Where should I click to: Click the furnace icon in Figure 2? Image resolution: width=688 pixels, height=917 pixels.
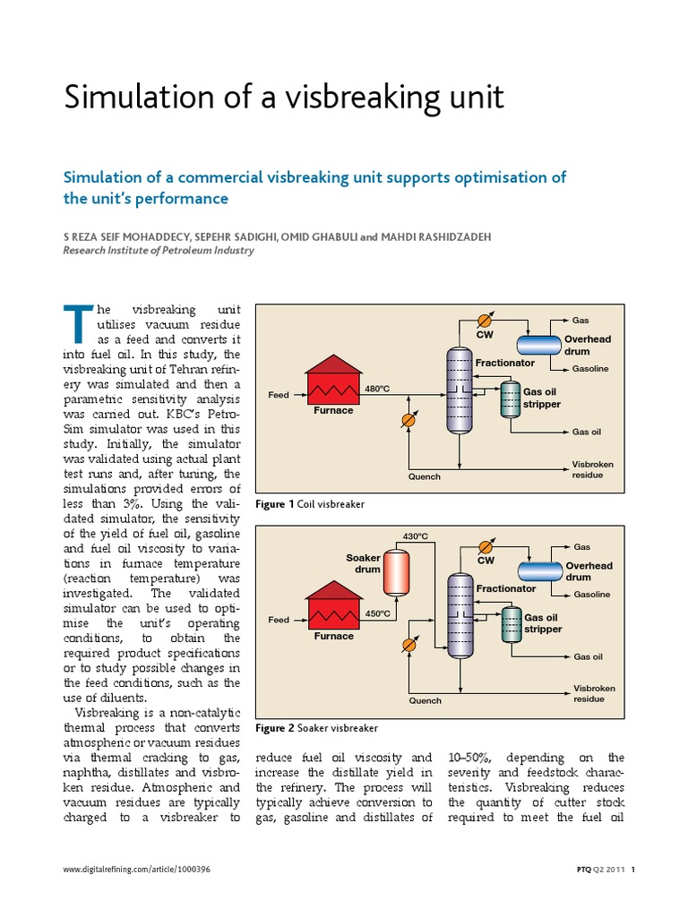(333, 611)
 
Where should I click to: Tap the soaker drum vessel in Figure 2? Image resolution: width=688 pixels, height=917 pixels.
(395, 572)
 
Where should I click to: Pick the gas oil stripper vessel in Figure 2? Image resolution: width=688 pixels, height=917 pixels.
(511, 624)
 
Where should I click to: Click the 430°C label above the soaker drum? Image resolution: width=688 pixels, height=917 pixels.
(415, 536)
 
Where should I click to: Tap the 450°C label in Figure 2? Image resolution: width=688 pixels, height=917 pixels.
(377, 614)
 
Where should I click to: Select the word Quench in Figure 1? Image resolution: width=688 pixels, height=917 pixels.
(425, 476)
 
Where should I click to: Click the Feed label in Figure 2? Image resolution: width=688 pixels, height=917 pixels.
(279, 620)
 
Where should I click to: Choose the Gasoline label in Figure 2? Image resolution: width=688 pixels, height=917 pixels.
(591, 595)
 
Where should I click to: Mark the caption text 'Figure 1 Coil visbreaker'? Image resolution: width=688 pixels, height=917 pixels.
(310, 505)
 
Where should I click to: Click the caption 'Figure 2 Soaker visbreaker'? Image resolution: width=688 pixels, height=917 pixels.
(316, 728)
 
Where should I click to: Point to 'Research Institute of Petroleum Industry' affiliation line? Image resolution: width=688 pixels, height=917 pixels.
(158, 251)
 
